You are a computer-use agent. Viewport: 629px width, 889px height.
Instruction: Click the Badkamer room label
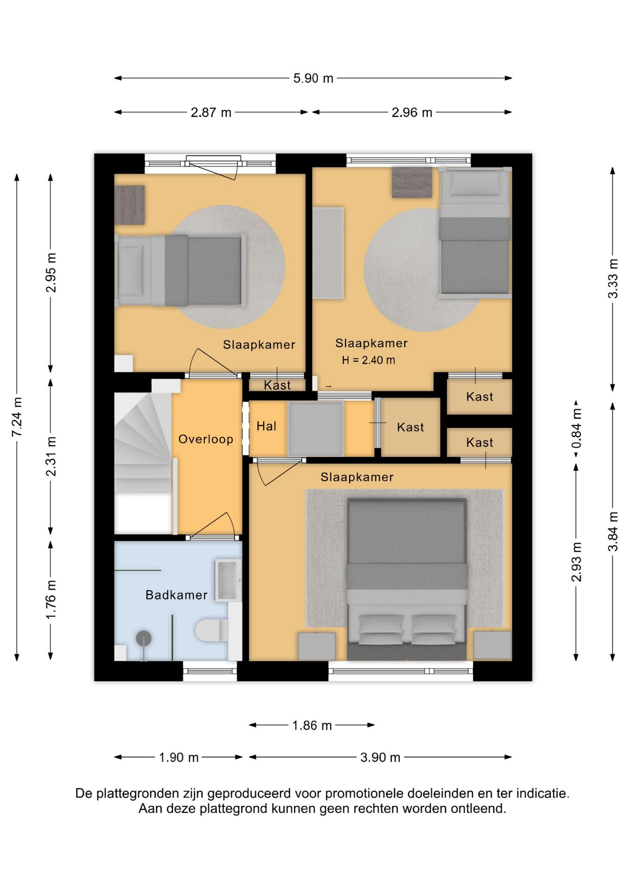pos(176,595)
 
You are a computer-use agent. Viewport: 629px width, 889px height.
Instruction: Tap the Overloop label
pos(206,439)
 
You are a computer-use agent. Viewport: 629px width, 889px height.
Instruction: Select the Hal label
pos(266,426)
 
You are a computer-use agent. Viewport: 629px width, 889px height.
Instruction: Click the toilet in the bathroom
pos(212,630)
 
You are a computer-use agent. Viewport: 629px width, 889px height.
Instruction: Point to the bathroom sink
pos(228,580)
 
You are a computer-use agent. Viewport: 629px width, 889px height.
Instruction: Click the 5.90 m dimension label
pos(313,78)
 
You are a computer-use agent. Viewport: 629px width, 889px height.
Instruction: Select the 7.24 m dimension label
pos(17,417)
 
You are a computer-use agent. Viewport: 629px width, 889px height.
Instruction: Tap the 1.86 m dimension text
pos(312,726)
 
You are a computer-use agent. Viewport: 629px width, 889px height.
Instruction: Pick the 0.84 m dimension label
pos(576,429)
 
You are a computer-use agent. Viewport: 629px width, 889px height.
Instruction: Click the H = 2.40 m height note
pos(369,360)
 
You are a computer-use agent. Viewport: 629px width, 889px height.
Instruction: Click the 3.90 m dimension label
pos(380,758)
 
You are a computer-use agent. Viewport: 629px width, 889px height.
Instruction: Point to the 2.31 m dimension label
pos(51,457)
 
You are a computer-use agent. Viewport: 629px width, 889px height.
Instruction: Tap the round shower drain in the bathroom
pos(144,638)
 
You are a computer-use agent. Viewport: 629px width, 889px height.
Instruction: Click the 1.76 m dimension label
pos(51,600)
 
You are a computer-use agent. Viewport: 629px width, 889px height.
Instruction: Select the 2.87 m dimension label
pos(211,113)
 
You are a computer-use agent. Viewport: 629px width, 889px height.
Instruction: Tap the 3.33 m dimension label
pos(613,279)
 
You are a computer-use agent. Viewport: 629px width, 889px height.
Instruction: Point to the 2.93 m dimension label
pos(576,562)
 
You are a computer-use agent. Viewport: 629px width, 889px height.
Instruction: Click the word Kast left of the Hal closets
pos(277,385)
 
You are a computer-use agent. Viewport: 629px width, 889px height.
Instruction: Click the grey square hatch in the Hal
pos(315,429)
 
